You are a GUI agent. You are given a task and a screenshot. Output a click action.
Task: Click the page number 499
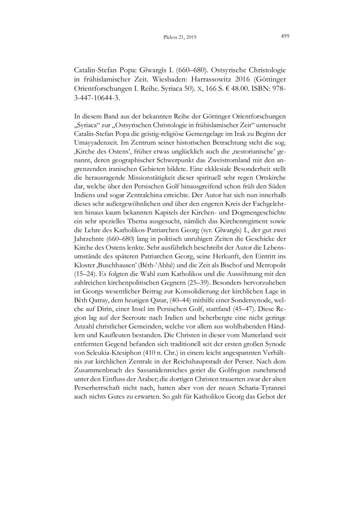284,37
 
